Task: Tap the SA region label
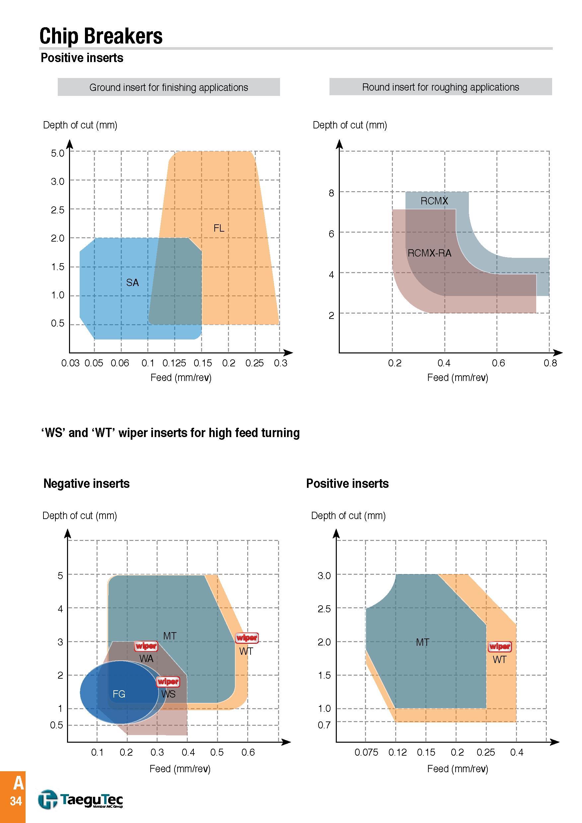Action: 132,283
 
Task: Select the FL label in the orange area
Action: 219,228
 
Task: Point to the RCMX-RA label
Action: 429,253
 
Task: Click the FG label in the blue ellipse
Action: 119,694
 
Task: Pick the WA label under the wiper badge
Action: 146,658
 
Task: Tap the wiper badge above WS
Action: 168,681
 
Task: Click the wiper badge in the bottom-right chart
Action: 500,646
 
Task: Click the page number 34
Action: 16,801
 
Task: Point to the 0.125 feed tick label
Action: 174,363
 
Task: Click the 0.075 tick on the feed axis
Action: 366,752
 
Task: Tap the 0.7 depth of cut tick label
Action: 324,725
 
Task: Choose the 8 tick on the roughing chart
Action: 331,193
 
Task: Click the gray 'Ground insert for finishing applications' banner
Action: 169,87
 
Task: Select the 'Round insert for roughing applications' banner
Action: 440,87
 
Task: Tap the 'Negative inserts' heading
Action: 86,484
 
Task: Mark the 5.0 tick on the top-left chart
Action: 57,153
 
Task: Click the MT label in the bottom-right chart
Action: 422,642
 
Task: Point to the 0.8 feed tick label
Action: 550,363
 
